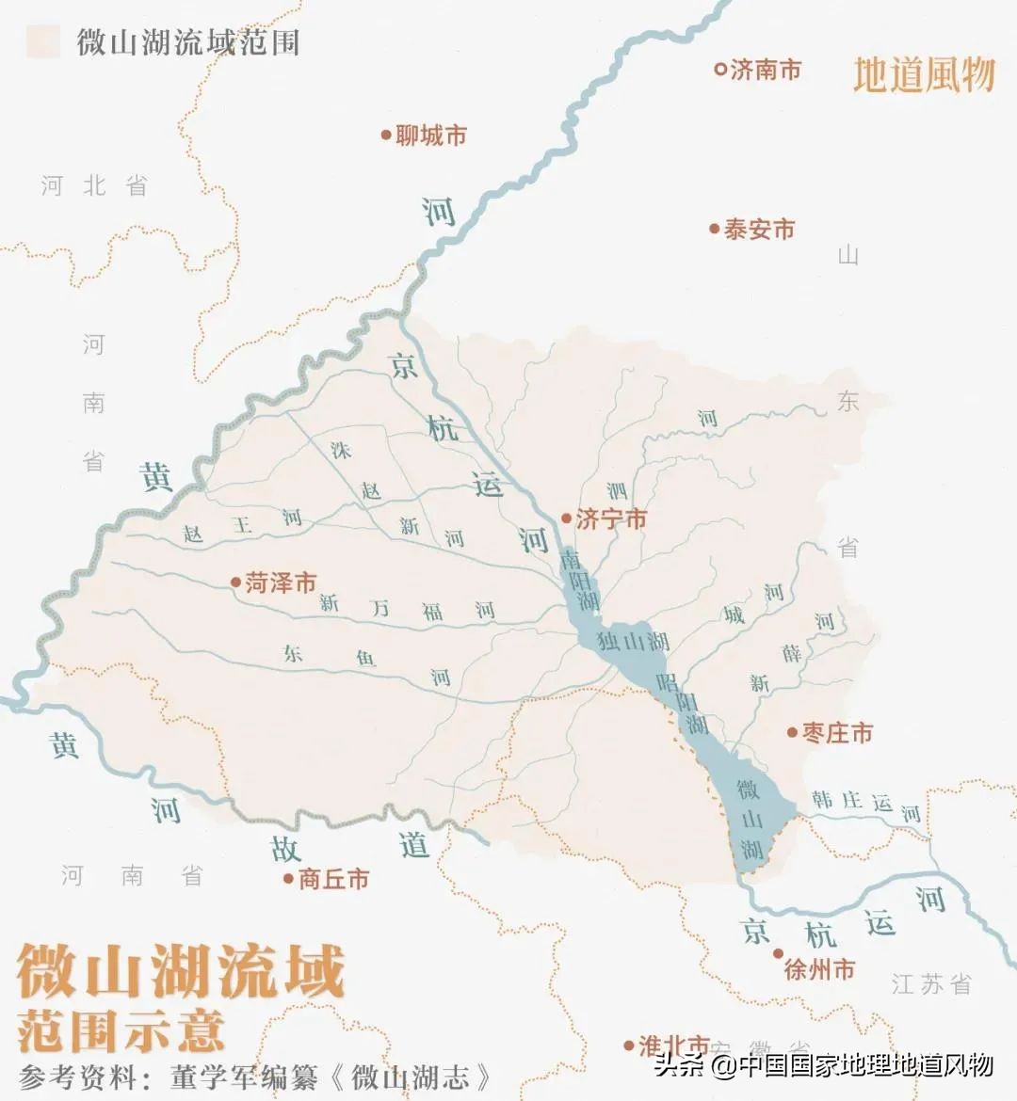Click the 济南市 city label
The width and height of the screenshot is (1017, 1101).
coord(766,70)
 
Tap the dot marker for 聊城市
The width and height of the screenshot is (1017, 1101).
coord(386,136)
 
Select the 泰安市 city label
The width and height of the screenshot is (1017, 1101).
coord(759,230)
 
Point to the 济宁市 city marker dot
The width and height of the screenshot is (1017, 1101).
coord(566,519)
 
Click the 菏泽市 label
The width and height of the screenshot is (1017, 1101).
coord(281,583)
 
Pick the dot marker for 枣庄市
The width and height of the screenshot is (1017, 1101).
coord(793,732)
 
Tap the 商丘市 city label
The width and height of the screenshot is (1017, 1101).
coord(333,879)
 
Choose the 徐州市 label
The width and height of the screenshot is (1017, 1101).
coord(819,968)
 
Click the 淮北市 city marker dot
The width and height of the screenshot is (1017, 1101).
coord(628,1045)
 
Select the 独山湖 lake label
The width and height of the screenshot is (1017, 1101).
coord(634,642)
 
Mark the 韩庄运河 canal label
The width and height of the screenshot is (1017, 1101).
coord(865,805)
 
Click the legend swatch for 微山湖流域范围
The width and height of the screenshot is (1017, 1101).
coord(43,41)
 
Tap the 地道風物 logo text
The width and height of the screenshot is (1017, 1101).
coord(924,74)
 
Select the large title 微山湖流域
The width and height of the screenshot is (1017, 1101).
coord(181,972)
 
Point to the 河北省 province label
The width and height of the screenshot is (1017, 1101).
coord(94,185)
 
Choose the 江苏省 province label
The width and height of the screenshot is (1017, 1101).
coord(930,984)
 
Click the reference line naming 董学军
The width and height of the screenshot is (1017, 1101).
coord(254,1077)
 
